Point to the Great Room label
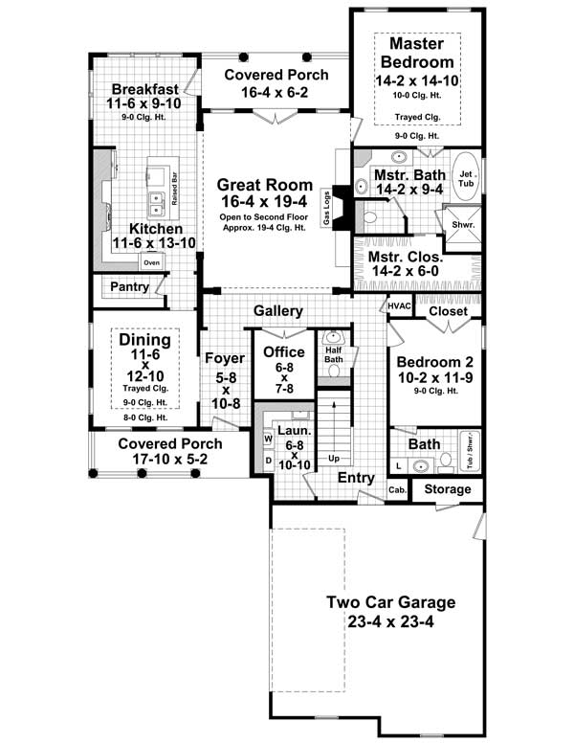264,185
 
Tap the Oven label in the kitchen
151,261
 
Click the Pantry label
128,286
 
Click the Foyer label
225,359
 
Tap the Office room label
283,352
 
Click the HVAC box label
399,305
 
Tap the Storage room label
448,489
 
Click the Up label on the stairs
335,459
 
